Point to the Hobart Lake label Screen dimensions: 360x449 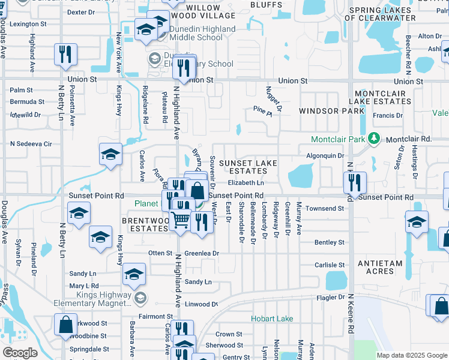(x=272, y=319)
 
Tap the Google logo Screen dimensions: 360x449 (x=20, y=353)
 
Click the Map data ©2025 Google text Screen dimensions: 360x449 (x=412, y=355)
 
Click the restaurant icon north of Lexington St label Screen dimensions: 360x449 (x=65, y=54)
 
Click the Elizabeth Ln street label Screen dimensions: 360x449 (x=246, y=182)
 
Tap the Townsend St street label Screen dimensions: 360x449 (x=324, y=208)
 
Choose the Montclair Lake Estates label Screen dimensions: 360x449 (x=382, y=98)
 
